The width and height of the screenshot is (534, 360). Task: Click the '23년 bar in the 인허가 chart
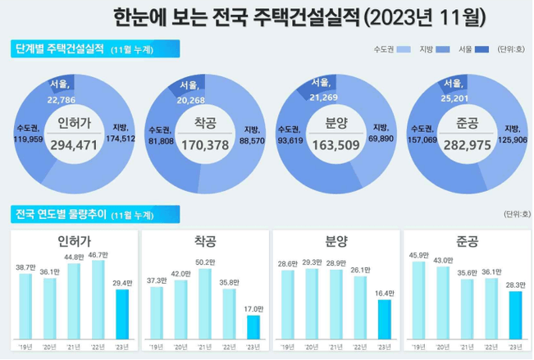pos(121,313)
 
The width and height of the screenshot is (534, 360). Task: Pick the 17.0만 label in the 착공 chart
pos(253,309)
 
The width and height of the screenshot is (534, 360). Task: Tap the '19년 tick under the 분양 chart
pos(288,345)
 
